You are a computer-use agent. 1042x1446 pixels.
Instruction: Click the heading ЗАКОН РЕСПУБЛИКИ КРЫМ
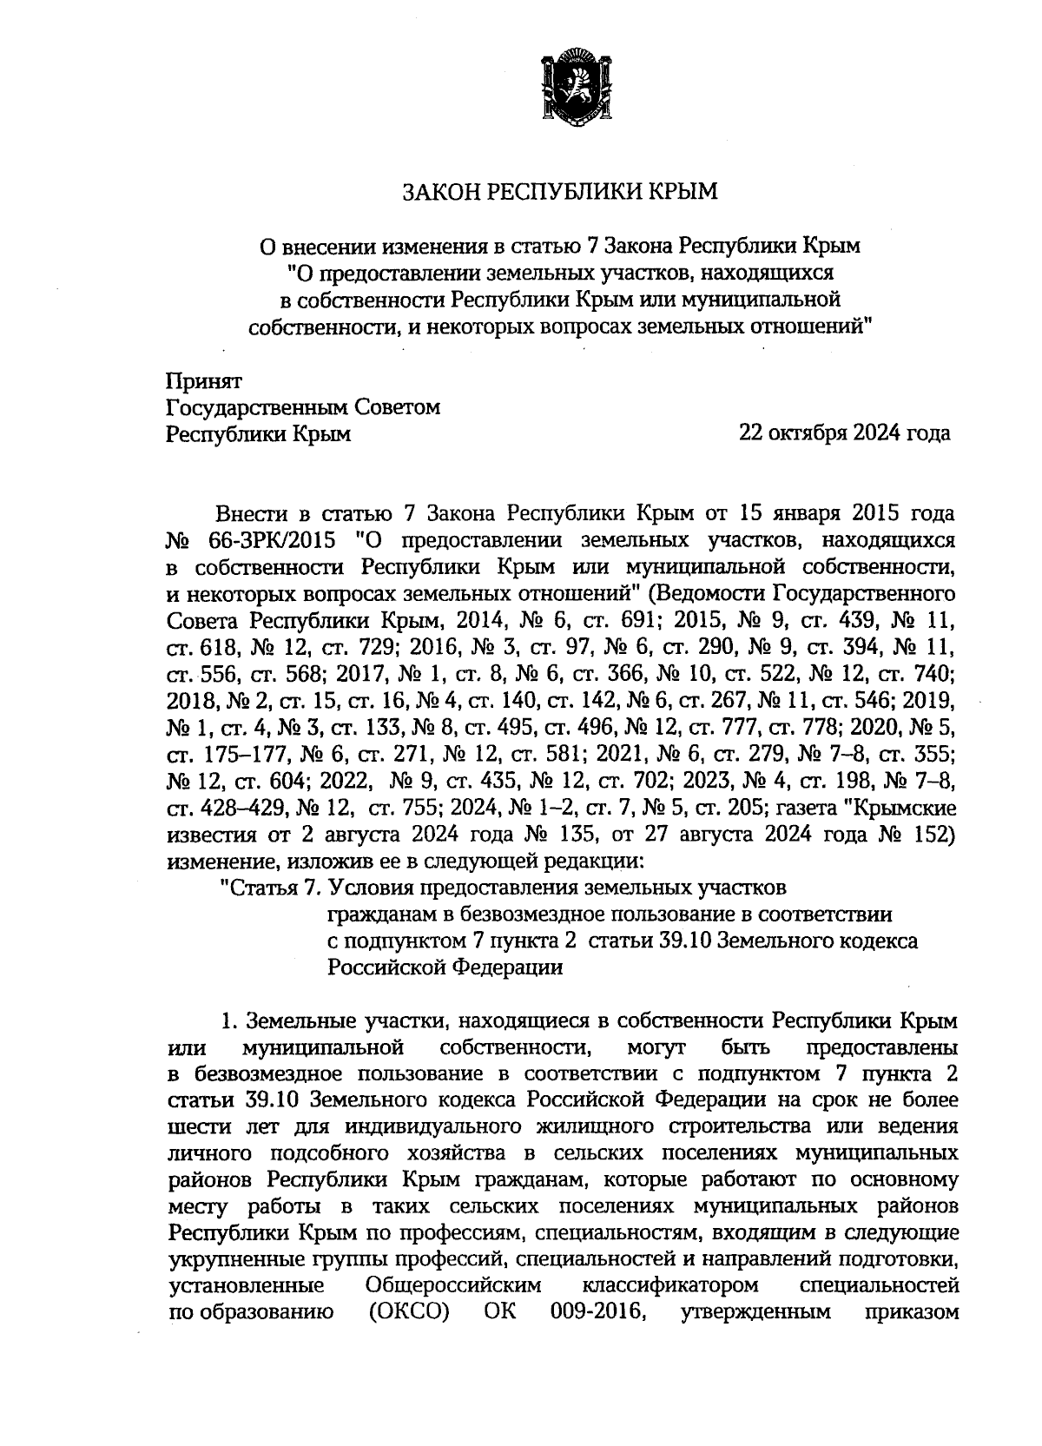(x=558, y=191)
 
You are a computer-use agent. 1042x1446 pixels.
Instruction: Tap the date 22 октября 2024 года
(x=843, y=432)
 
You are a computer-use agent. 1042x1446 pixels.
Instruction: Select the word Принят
(x=204, y=380)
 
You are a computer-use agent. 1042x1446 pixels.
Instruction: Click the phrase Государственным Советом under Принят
(x=303, y=406)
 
